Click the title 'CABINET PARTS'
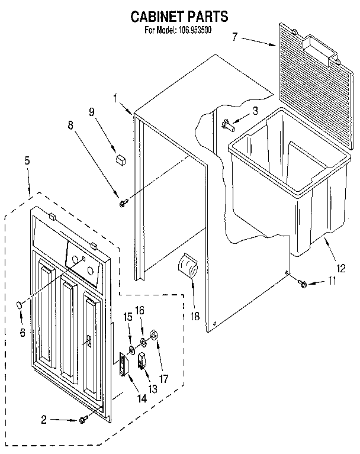[179, 17]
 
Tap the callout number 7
[235, 37]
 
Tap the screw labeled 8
[123, 203]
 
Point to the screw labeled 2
[83, 420]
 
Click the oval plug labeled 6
[20, 305]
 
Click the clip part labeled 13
[143, 361]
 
